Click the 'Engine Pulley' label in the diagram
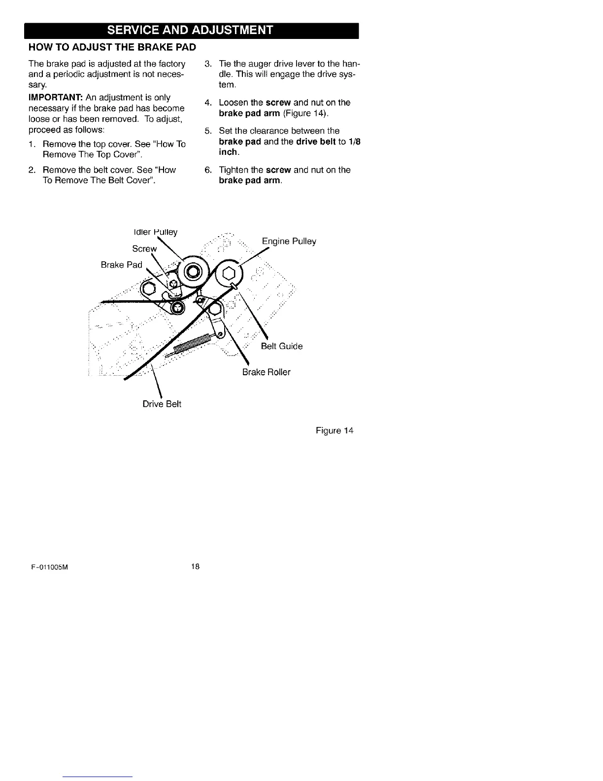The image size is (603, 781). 289,241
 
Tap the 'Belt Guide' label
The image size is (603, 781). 282,346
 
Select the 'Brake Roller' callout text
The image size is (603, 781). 266,372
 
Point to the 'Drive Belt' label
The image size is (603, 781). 162,404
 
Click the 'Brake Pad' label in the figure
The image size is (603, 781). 121,265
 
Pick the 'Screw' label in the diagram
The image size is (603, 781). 144,248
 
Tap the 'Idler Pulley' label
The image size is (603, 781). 155,232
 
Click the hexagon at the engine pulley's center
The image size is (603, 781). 230,273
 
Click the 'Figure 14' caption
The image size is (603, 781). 335,430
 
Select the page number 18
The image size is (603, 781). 195,566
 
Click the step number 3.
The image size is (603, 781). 208,64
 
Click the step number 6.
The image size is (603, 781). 208,170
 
